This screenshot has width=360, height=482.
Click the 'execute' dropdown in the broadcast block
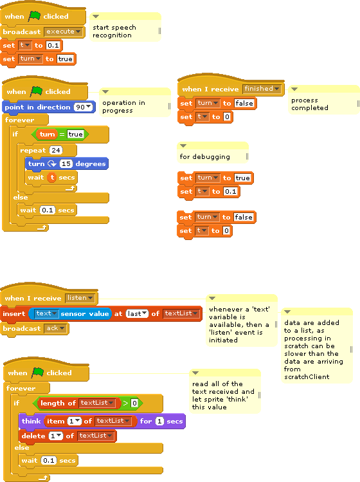tap(63, 32)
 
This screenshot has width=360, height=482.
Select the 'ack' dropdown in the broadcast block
tap(55, 328)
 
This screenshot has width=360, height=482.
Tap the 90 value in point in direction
tap(83, 107)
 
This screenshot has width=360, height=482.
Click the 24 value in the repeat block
tap(55, 150)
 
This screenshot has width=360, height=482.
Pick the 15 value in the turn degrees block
tap(66, 164)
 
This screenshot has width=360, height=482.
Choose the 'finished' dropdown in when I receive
tap(262, 89)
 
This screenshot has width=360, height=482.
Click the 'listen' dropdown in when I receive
tap(80, 298)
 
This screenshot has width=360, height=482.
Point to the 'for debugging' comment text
tap(204, 157)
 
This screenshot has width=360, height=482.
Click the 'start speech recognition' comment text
tap(114, 32)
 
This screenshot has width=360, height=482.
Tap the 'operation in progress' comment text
tap(123, 106)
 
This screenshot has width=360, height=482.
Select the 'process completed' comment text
tap(310, 104)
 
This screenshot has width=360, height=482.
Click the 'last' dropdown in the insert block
tap(137, 313)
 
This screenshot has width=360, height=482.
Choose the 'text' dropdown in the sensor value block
tap(46, 313)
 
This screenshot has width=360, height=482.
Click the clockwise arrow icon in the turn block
tap(52, 164)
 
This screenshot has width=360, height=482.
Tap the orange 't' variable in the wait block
tap(52, 178)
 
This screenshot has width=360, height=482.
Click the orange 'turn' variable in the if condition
tap(47, 134)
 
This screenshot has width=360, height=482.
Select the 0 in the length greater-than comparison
tap(134, 403)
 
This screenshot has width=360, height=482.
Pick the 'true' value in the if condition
tap(75, 134)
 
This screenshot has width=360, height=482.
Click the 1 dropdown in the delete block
tap(55, 436)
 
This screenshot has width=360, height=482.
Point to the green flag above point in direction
tap(36, 91)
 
